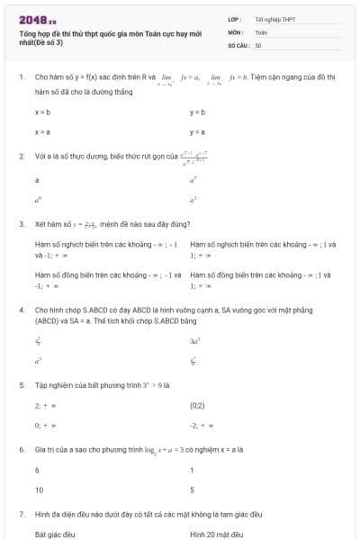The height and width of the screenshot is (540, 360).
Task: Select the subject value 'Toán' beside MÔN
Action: point(261,31)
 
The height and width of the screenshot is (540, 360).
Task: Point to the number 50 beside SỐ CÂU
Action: point(258,44)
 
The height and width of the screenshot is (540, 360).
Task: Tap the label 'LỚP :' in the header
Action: point(235,19)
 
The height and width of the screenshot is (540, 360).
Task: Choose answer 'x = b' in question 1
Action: point(41,112)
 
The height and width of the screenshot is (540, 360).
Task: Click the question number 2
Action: point(21,156)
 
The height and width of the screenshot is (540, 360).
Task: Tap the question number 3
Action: point(21,223)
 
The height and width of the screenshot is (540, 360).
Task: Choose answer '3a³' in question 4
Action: point(194,341)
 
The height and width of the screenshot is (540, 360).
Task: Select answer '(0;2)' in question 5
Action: point(198,406)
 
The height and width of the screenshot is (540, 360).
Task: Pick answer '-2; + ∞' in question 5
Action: point(201,425)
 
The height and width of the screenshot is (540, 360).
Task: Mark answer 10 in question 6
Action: point(39,490)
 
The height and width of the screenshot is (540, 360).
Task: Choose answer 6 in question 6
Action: point(37,471)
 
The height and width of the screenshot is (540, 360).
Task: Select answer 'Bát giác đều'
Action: point(55,534)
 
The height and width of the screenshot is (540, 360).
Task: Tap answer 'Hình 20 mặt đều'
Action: point(217,534)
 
